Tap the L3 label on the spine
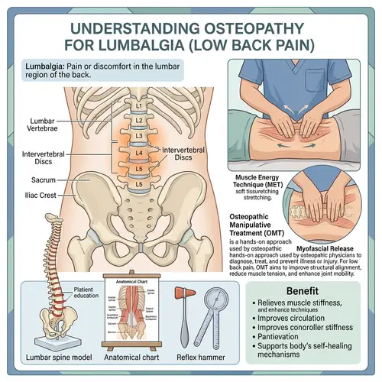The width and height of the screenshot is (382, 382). [x=138, y=134]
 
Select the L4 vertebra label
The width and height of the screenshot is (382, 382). [x=138, y=151]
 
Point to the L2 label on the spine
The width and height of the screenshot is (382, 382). [x=138, y=119]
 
